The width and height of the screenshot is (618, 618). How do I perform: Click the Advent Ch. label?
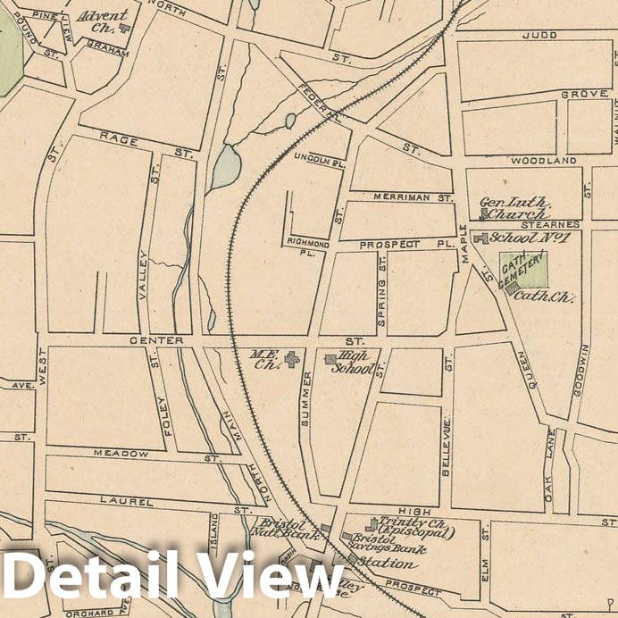(x=103, y=21)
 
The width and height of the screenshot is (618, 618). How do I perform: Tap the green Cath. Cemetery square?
(x=524, y=269)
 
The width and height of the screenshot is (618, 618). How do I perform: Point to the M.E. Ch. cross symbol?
(x=292, y=360)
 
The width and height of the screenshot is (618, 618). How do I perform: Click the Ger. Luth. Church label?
(x=514, y=208)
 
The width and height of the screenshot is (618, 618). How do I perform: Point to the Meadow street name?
(x=123, y=454)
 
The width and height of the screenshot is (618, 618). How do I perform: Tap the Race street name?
(x=119, y=138)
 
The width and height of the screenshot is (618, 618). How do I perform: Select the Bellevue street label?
(x=446, y=447)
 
